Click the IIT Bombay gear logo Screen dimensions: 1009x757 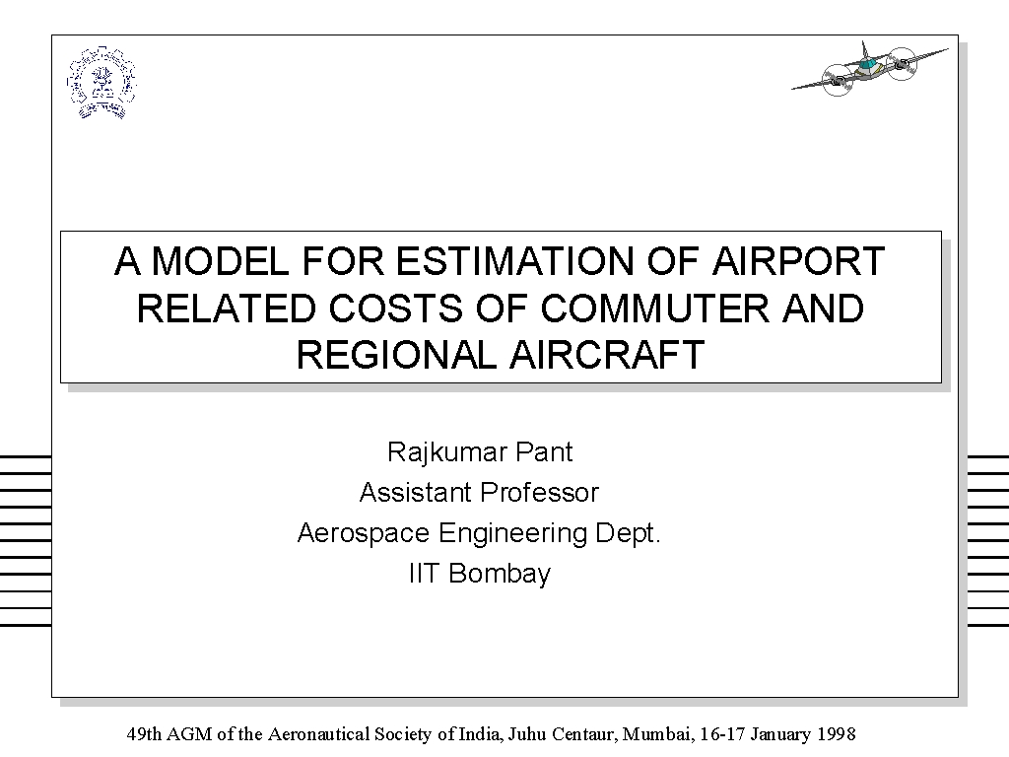pos(101,83)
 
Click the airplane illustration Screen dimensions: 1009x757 pos(869,69)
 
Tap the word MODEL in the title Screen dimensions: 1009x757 pos(221,261)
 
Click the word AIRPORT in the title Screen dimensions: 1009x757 pos(798,261)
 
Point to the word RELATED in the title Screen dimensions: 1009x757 pos(227,309)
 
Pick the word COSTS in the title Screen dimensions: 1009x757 pos(396,309)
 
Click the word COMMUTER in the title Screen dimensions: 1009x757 pos(654,309)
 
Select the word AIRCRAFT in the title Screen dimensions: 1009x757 pos(607,355)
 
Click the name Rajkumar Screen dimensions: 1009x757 pos(444,453)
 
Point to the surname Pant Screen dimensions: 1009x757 pos(544,452)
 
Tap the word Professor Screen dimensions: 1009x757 pos(539,493)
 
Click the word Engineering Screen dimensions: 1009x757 pos(512,534)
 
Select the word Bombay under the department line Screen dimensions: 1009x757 pos(500,575)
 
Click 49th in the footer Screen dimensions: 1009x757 pos(145,734)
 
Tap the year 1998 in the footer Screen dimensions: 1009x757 pos(837,734)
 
